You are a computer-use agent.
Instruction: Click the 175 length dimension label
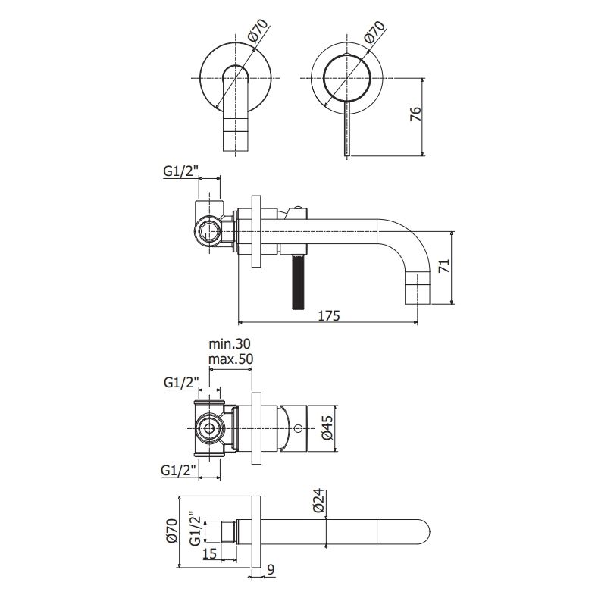[329, 315]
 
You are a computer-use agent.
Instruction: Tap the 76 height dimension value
[416, 114]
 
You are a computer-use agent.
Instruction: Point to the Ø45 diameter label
[327, 427]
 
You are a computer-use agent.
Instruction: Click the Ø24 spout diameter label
[320, 501]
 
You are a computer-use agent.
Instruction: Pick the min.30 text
[230, 344]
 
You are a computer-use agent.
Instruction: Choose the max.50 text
[230, 359]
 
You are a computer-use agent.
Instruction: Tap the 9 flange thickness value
[271, 569]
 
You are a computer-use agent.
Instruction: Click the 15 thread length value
[209, 553]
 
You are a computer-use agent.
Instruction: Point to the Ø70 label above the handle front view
[374, 32]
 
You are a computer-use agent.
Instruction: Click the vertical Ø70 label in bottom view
[171, 531]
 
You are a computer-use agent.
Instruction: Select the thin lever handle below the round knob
[347, 128]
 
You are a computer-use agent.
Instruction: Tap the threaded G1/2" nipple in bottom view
[228, 532]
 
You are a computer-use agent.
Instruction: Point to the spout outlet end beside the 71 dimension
[418, 288]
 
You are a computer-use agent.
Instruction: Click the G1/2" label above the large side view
[181, 171]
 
